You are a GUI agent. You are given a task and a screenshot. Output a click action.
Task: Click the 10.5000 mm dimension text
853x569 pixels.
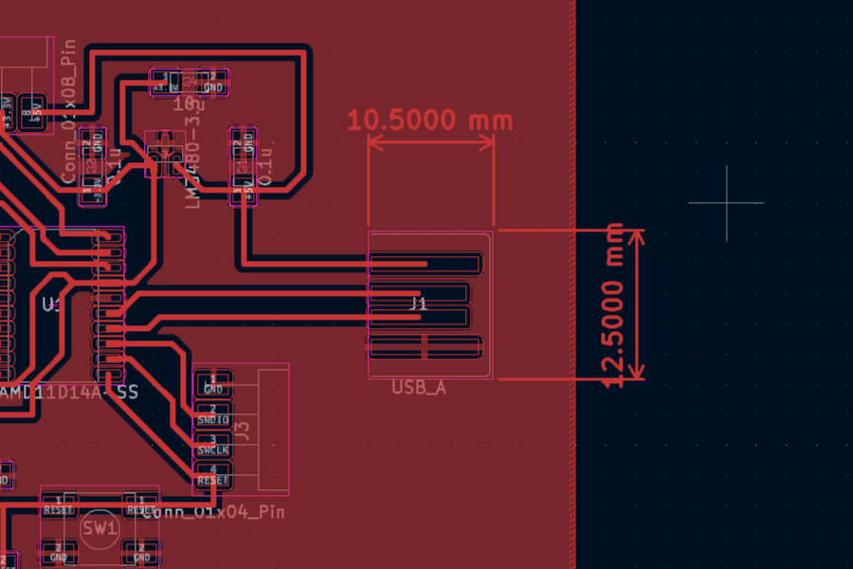tap(429, 120)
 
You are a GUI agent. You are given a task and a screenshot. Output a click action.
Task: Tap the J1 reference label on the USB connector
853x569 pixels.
tap(418, 303)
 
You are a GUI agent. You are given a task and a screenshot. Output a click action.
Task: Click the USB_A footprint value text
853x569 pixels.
tap(418, 388)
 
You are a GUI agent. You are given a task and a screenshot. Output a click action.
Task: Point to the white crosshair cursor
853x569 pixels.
tap(727, 202)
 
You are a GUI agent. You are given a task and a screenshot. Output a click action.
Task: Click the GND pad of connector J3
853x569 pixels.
tap(212, 385)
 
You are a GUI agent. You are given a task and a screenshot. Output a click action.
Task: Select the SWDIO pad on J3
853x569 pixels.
tap(212, 414)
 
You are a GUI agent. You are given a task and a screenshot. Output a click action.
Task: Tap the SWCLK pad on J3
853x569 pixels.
tap(212, 446)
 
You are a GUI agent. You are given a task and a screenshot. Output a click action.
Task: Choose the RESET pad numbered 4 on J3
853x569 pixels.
tap(212, 477)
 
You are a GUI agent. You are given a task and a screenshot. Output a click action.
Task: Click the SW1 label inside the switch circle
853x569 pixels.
tap(99, 527)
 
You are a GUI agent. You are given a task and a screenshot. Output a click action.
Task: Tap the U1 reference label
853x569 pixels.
tap(52, 304)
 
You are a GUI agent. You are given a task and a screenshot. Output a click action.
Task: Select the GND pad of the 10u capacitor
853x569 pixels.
tap(213, 83)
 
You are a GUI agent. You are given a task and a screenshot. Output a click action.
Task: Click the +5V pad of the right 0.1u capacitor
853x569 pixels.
tap(245, 191)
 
